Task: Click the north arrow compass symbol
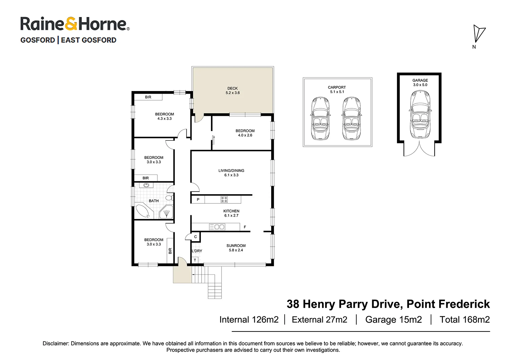(x=479, y=34)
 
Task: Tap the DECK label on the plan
(x=232, y=88)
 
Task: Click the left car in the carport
(x=320, y=119)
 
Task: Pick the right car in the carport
(x=351, y=119)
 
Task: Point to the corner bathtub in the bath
(x=143, y=211)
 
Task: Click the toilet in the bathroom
(x=169, y=198)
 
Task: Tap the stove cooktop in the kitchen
(x=224, y=199)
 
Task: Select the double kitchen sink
(x=217, y=227)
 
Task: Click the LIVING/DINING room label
(x=231, y=170)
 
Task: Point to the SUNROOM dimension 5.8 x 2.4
(x=236, y=250)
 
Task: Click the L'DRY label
(x=197, y=251)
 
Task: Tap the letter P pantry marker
(x=198, y=199)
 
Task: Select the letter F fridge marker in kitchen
(x=245, y=227)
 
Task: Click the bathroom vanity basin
(x=146, y=185)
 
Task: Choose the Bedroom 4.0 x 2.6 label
(x=245, y=133)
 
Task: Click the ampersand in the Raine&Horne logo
(x=71, y=24)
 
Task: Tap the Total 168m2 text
(x=465, y=320)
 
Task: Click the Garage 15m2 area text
(x=393, y=320)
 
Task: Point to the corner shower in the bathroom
(x=166, y=212)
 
